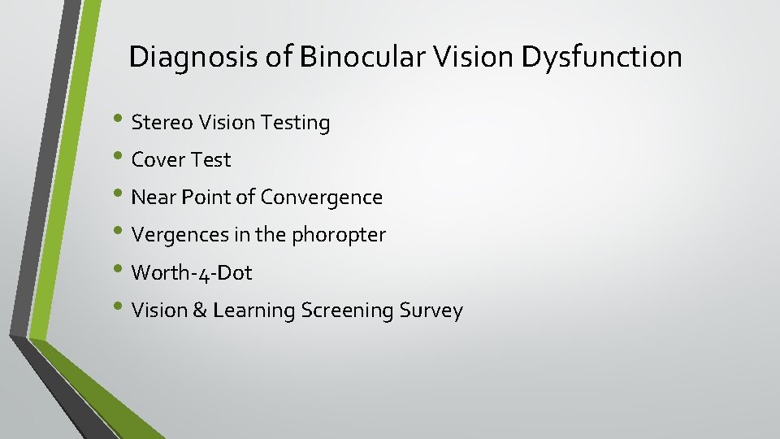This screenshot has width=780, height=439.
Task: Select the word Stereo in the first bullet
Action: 160,123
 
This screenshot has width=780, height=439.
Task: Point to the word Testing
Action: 297,124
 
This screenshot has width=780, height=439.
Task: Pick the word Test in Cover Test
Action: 210,160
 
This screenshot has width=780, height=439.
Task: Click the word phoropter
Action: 339,236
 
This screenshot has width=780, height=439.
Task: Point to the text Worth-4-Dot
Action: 192,272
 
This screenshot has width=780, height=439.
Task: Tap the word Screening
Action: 349,311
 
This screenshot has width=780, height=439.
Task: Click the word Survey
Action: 432,311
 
